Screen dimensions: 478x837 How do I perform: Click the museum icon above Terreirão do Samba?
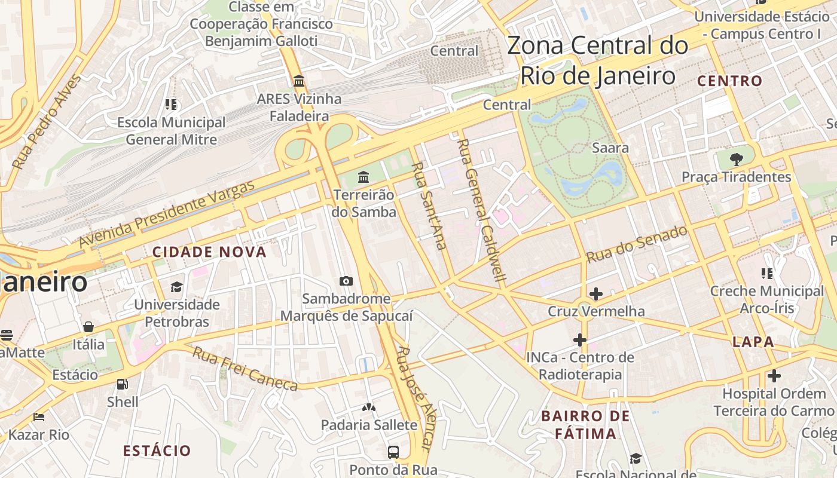(x=363, y=177)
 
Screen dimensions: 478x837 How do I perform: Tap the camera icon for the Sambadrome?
(x=346, y=281)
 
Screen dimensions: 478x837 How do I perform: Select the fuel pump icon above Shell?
(x=123, y=384)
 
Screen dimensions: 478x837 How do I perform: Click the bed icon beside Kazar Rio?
(x=39, y=416)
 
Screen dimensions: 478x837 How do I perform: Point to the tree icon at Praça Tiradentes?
(x=737, y=159)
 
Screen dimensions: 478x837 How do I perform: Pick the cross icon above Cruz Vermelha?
(x=595, y=293)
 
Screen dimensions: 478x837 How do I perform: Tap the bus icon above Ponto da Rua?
(x=393, y=452)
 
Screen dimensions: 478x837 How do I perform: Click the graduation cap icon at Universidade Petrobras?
(x=176, y=287)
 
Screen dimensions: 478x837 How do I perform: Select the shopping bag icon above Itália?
(x=88, y=327)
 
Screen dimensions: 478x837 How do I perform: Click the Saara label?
(x=610, y=148)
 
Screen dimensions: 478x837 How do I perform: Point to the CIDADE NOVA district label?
(x=209, y=252)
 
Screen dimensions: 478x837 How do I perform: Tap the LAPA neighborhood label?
(x=753, y=342)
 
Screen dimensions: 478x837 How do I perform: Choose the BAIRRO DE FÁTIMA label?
(x=585, y=425)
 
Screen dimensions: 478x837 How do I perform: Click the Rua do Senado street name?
(x=637, y=244)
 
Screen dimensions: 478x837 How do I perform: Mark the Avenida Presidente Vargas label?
(x=167, y=213)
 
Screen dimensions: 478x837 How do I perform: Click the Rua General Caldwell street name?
(x=482, y=210)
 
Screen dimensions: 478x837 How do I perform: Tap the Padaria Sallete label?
(x=369, y=425)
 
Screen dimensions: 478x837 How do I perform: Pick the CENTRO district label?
(x=730, y=81)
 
